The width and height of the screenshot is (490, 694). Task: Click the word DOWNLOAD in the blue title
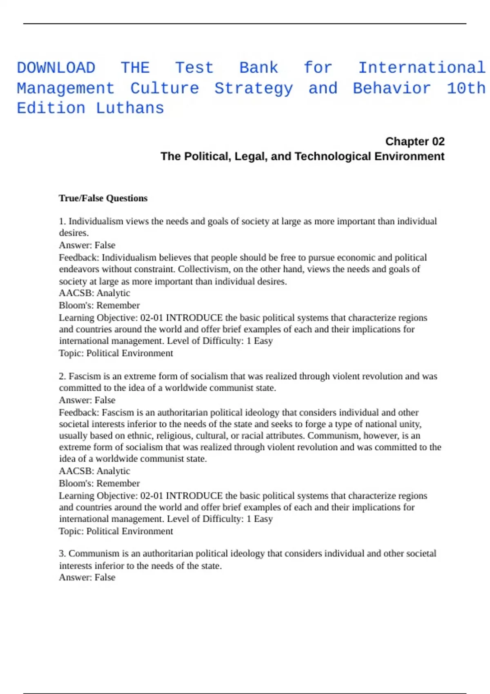pos(56,68)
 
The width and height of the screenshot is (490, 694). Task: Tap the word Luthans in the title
pos(130,108)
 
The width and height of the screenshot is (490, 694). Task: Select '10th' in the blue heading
pos(466,88)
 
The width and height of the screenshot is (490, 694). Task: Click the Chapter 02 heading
pos(414,141)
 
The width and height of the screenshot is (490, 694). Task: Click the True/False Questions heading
pos(103,198)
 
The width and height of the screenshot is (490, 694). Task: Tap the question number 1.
pos(62,221)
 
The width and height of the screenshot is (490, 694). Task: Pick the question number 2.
pos(62,376)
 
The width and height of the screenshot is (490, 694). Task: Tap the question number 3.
pos(62,554)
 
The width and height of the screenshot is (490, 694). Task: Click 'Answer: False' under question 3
pos(87,577)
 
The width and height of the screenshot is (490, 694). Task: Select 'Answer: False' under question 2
pos(87,400)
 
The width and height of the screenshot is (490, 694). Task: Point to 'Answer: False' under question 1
pos(87,245)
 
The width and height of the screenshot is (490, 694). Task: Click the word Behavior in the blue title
pos(392,88)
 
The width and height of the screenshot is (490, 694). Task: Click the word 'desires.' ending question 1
pos(73,233)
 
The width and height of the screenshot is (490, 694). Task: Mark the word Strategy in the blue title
pos(254,88)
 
